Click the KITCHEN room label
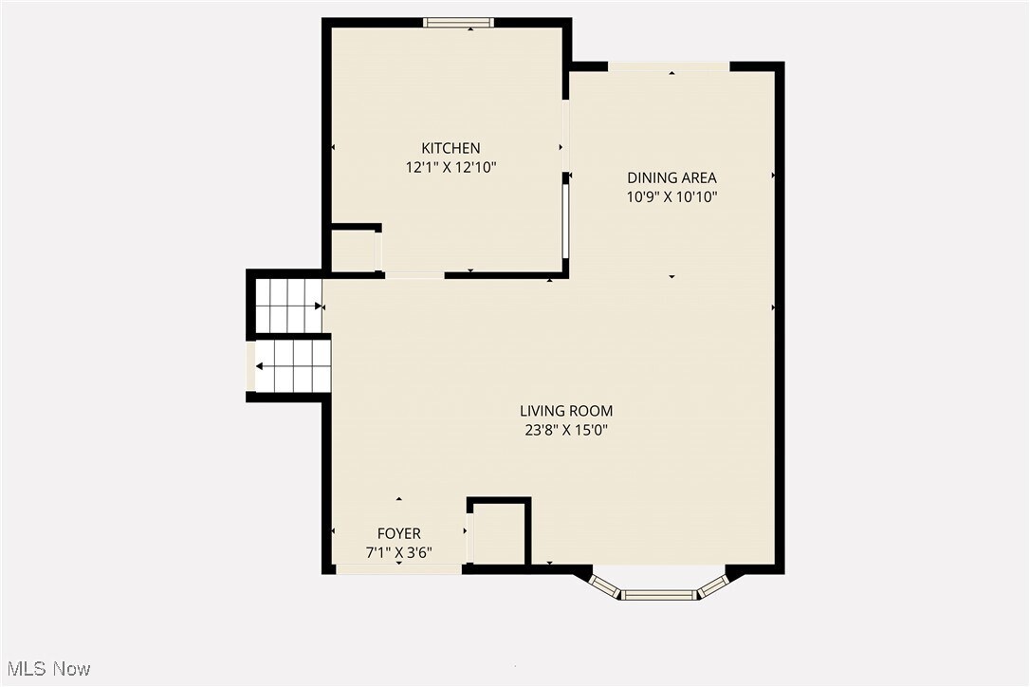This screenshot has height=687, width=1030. [x=451, y=148]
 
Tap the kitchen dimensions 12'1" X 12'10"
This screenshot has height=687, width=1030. [x=451, y=168]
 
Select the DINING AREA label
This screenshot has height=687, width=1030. [x=671, y=177]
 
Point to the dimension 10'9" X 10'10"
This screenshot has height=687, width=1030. [x=671, y=196]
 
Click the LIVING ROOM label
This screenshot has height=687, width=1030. [x=566, y=411]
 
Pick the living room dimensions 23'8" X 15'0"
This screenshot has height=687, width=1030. [x=566, y=431]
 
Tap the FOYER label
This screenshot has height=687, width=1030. [x=398, y=533]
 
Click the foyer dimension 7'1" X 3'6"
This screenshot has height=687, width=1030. [x=398, y=553]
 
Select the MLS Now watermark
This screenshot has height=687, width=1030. [x=48, y=669]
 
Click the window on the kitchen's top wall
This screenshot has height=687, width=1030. [x=458, y=23]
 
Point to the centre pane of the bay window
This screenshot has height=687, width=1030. [x=659, y=595]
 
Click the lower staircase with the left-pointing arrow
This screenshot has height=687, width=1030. [x=292, y=365]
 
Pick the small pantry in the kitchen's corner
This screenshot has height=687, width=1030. [x=354, y=250]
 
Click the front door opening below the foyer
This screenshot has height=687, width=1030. [x=398, y=568]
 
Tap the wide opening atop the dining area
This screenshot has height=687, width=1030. [x=669, y=66]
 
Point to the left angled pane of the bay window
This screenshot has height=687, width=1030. [x=604, y=587]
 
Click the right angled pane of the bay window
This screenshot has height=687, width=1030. [x=713, y=586]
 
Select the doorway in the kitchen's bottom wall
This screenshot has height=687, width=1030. [x=414, y=275]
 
